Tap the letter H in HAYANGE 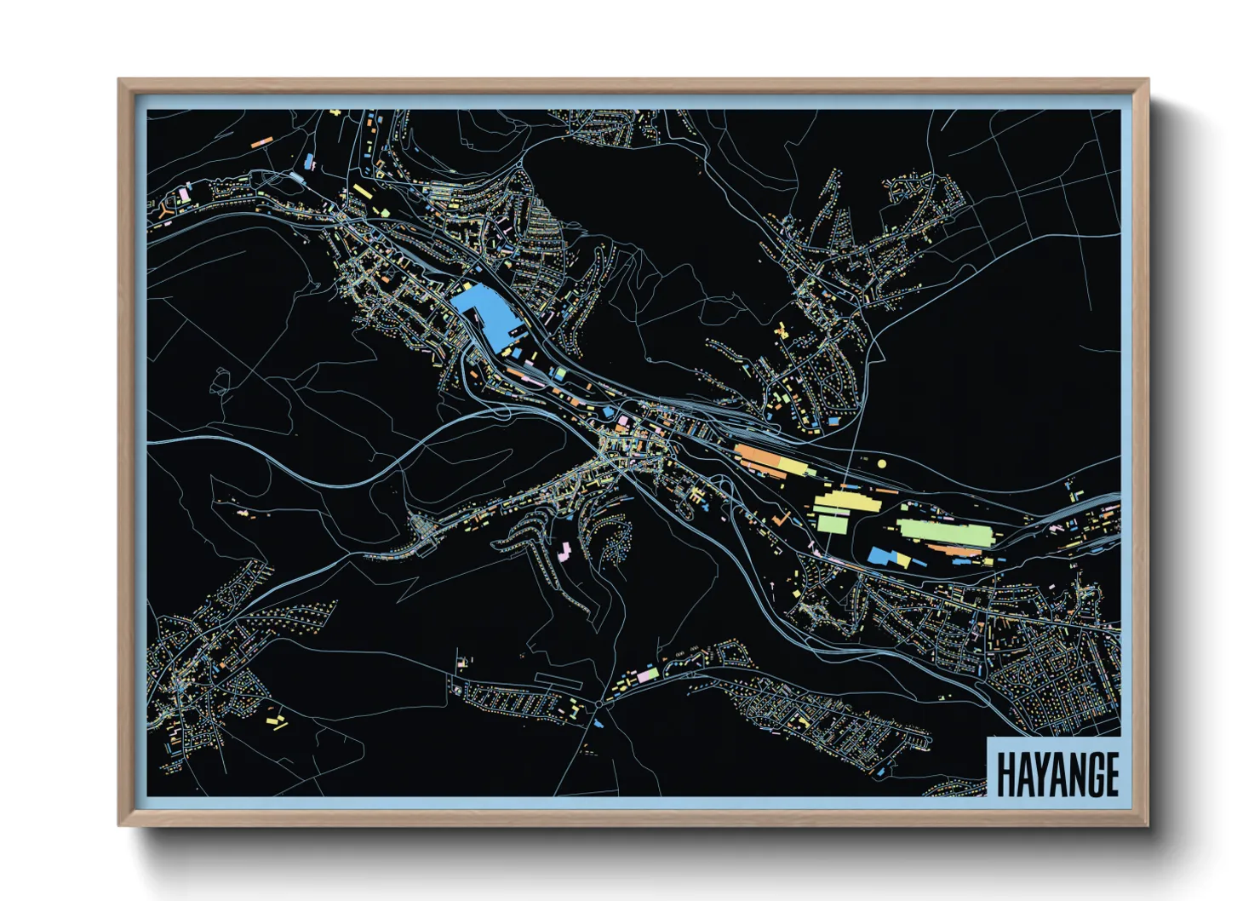[x=1005, y=774]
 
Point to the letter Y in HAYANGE [x=1039, y=774]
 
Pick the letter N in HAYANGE [x=1074, y=774]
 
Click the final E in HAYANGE [x=1110, y=774]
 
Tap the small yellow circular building [x=882, y=463]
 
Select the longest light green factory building [x=946, y=532]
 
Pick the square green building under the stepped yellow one [x=830, y=521]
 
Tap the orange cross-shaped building [x=780, y=517]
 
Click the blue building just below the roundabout [x=599, y=724]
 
